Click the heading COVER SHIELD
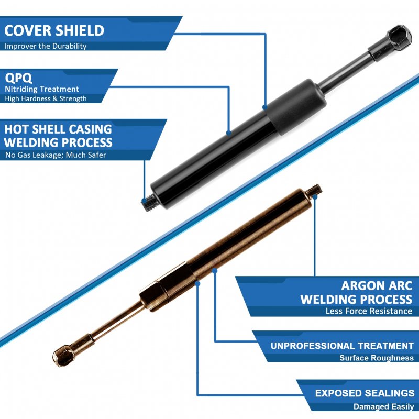click(x=54, y=30)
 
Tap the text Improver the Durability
click(x=46, y=46)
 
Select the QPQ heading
click(x=18, y=78)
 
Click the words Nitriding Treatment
click(x=42, y=89)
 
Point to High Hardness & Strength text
click(x=46, y=98)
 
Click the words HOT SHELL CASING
click(x=58, y=129)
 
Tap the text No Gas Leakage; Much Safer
click(x=56, y=155)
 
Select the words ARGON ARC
click(x=377, y=286)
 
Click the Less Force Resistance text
click(x=369, y=311)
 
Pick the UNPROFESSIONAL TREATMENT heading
click(x=342, y=346)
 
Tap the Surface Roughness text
click(x=377, y=358)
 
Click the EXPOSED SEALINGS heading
click(x=365, y=393)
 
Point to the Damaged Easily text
click(x=384, y=407)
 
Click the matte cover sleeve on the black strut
click(x=296, y=107)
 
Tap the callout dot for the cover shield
click(x=265, y=107)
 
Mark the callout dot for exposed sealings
click(x=198, y=283)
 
